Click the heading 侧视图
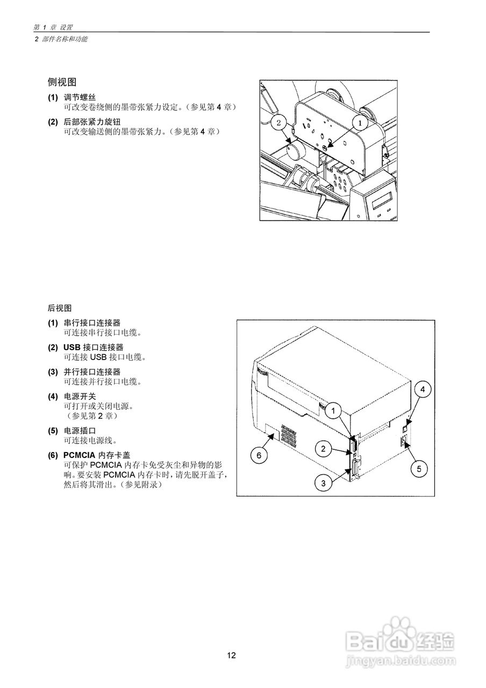(62, 82)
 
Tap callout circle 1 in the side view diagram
(360, 122)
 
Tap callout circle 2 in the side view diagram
(278, 123)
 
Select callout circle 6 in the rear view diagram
(259, 455)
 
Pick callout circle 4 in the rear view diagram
(423, 389)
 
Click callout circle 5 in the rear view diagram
(419, 468)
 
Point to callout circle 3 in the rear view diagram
(323, 483)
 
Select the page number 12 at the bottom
(231, 655)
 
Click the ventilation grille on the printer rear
(288, 438)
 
